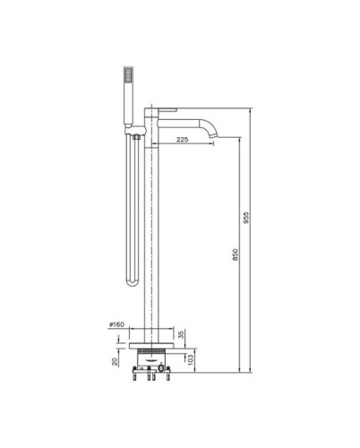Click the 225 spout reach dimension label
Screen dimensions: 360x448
(x=182, y=140)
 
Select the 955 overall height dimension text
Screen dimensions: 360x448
(x=245, y=218)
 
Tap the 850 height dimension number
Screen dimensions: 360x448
(x=236, y=254)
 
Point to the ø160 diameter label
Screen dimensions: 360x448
(x=116, y=324)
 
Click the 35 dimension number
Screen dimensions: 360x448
(x=181, y=334)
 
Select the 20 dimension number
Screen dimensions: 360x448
(x=115, y=362)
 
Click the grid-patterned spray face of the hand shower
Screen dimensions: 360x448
(x=128, y=74)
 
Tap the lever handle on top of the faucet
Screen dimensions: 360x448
(x=167, y=110)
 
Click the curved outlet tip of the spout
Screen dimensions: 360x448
(x=213, y=136)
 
